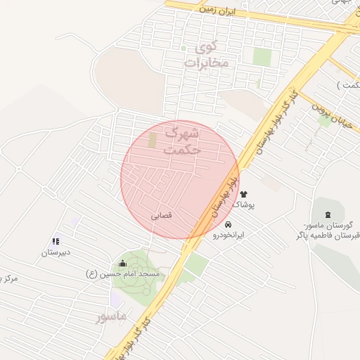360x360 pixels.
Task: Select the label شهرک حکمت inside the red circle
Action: coord(181,140)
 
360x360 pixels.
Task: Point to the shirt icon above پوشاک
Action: coord(244,193)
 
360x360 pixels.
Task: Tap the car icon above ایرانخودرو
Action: coord(228,224)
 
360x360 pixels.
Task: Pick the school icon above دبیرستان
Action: coord(56,241)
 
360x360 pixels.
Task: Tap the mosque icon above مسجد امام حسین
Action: coord(123,263)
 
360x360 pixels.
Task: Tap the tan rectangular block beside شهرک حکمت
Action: coord(153,139)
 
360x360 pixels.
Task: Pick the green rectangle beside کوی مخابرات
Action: coord(262,57)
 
